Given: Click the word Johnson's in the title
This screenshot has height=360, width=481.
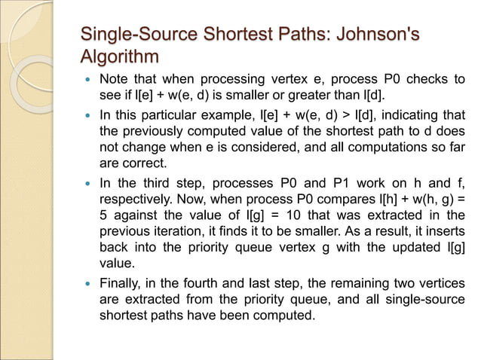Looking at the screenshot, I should tap(378, 35).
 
